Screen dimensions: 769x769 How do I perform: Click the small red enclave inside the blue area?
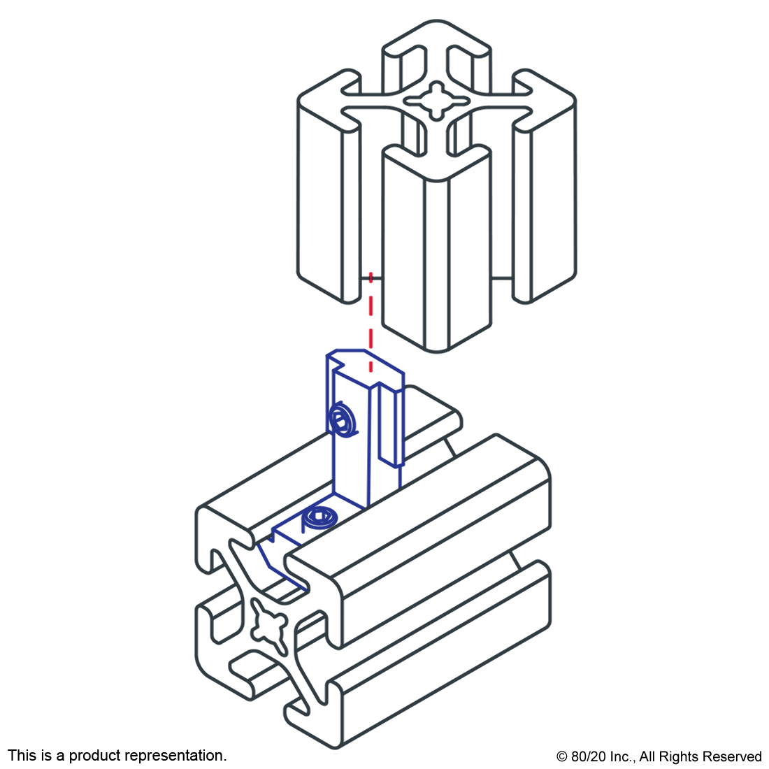[368, 368]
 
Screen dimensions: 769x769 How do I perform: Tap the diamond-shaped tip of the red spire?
[371, 269]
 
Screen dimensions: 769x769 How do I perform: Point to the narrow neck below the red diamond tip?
[371, 278]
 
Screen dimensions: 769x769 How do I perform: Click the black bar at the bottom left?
[117, 756]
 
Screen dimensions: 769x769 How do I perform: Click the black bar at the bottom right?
[659, 758]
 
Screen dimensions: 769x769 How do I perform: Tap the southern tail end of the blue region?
[303, 589]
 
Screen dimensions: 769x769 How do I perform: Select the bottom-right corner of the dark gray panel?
[577, 749]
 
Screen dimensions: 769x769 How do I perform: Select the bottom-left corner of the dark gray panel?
[195, 749]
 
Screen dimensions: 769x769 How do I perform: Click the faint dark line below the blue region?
[366, 521]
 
